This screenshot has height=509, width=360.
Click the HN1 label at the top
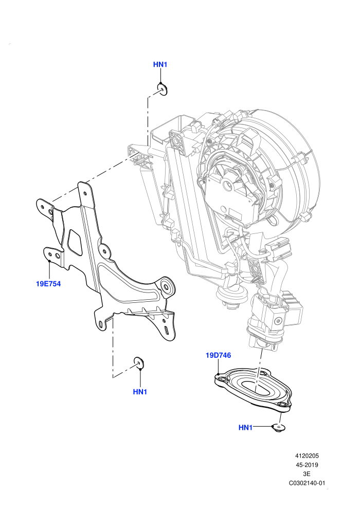[x=160, y=65]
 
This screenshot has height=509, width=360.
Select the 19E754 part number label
[x=48, y=284]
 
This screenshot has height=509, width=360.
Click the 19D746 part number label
[x=219, y=355]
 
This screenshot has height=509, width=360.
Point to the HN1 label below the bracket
[x=140, y=392]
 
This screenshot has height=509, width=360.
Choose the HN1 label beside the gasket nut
[x=245, y=428]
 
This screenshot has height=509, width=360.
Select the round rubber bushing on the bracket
[x=168, y=287]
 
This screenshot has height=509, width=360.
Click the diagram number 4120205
[x=307, y=456]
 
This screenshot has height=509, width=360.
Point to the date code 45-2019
[x=307, y=465]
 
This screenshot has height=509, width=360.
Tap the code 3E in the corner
[x=307, y=474]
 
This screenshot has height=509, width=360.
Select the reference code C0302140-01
[x=307, y=483]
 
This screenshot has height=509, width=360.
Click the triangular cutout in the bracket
[x=75, y=242]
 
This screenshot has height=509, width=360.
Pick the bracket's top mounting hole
[x=85, y=193]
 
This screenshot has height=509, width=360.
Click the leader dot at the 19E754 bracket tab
[x=49, y=261]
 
